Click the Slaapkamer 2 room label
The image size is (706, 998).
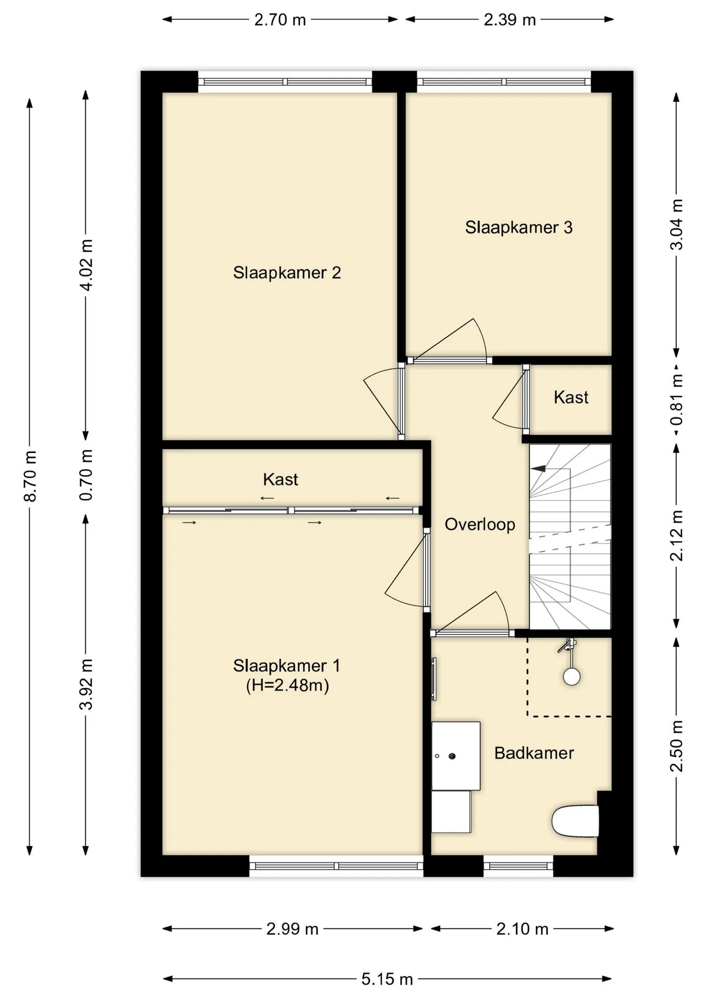click(286, 273)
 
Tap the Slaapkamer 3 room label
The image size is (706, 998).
click(518, 228)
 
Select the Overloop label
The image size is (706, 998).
click(480, 525)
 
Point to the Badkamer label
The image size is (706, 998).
click(534, 753)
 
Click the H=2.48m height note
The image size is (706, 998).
click(287, 686)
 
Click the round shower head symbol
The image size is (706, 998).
click(572, 677)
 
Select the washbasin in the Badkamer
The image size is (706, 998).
click(456, 756)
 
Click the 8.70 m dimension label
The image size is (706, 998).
click(31, 475)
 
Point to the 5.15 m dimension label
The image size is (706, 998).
click(387, 979)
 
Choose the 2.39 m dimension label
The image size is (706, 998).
click(509, 20)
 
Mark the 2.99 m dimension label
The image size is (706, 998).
click(292, 929)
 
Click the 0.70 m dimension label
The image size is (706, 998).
click(87, 475)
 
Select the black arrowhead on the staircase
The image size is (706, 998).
click(538, 468)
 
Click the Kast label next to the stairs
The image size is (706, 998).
click(571, 398)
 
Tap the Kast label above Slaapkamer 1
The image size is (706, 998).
click(281, 479)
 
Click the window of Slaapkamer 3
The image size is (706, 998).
click(504, 82)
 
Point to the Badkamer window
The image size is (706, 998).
click(518, 866)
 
